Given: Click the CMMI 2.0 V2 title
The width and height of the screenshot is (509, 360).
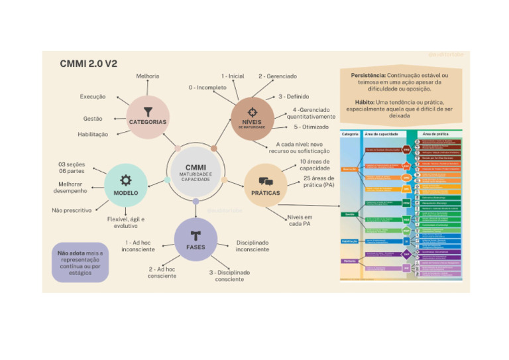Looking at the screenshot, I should (x=88, y=64).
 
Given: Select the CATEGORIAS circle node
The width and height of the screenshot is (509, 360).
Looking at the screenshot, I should (x=147, y=117).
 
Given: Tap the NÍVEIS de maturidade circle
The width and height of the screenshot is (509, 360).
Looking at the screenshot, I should (x=253, y=117).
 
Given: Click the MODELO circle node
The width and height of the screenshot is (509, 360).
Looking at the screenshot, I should (x=125, y=184).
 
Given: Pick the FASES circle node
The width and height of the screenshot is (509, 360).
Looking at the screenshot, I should (x=196, y=239).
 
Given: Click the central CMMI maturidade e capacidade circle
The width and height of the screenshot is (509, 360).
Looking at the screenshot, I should (x=196, y=174).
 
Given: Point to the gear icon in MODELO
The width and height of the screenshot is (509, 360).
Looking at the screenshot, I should (x=125, y=179).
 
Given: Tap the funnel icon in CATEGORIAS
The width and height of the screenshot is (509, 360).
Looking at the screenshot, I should (x=148, y=112).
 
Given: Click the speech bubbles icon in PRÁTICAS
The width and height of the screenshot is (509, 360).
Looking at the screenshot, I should (x=266, y=181).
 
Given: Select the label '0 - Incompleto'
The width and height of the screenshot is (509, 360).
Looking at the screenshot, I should (x=207, y=88).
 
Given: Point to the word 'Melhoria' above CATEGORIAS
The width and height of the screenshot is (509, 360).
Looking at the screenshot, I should (x=148, y=76).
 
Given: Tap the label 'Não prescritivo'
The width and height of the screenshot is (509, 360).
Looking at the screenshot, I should (x=72, y=210).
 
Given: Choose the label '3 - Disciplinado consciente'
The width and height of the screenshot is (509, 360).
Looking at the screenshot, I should (x=230, y=276).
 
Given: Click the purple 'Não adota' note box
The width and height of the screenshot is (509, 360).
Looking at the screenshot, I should (x=80, y=263).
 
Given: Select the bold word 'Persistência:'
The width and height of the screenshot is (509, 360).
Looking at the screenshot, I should (x=368, y=76).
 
